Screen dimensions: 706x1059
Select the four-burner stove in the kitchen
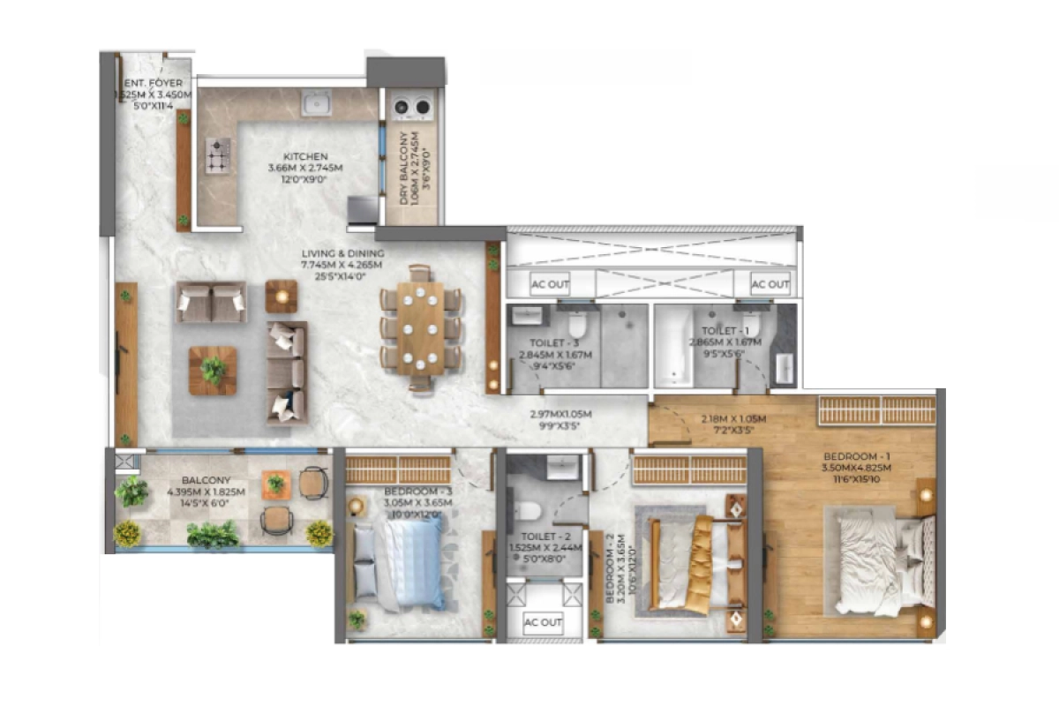(x=217, y=155)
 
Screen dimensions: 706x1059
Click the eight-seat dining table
(x=421, y=326)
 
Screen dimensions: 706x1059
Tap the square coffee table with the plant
(x=213, y=370)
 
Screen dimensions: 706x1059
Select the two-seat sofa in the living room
(x=211, y=302)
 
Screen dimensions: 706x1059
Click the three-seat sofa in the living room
(x=287, y=372)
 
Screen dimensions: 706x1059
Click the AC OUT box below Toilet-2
(x=544, y=622)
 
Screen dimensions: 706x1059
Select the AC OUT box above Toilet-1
(x=770, y=284)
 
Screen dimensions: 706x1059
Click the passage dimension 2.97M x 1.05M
(x=560, y=419)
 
